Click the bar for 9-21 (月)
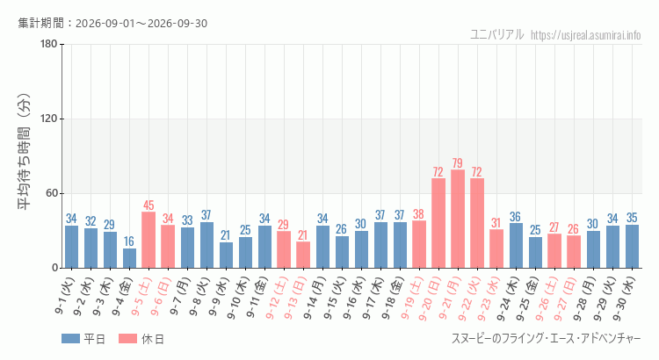458,219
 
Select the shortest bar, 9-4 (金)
129,258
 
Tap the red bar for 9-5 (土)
148,240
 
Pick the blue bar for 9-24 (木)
516,246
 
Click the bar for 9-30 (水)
632,247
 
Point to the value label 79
458,163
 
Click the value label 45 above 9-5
148,205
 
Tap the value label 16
129,241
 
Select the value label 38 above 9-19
418,214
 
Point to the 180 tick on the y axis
49,44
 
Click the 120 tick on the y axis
49,119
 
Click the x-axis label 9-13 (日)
295,298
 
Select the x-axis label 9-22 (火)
469,299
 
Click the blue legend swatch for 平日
70,339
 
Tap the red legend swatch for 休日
127,339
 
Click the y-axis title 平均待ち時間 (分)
24,152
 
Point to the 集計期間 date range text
112,23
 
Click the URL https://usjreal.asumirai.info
585,34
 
